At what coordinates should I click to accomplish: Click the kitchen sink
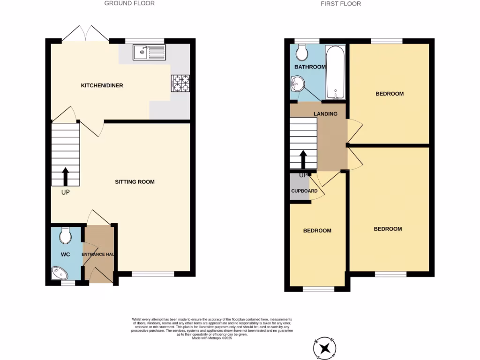(x=150, y=52)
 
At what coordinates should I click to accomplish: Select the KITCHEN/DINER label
(x=102, y=85)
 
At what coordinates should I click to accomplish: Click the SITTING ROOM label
(x=135, y=182)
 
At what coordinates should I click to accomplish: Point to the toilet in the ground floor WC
(x=65, y=236)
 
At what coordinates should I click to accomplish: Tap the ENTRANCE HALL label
(x=99, y=255)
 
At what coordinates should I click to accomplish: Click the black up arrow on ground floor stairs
(x=65, y=177)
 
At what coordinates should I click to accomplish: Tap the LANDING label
(x=325, y=114)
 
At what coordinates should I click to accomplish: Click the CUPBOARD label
(x=304, y=191)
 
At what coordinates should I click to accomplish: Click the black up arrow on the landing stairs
(x=303, y=159)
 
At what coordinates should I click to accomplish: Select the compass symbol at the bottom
(x=324, y=347)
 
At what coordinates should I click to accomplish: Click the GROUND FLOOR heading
(x=129, y=3)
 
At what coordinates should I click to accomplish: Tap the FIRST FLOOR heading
(x=341, y=4)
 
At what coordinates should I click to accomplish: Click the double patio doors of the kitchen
(x=85, y=34)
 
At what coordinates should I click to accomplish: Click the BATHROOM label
(x=310, y=67)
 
